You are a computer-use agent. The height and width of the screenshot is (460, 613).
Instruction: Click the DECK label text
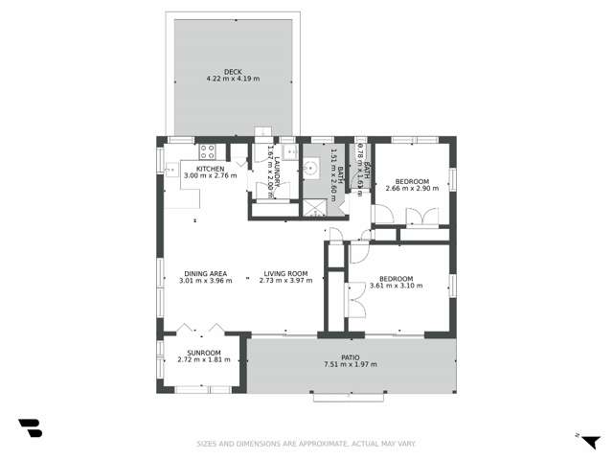tap(233, 71)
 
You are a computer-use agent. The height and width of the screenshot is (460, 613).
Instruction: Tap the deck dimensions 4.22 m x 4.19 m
tap(233, 78)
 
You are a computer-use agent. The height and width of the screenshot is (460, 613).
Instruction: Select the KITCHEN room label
tap(210, 169)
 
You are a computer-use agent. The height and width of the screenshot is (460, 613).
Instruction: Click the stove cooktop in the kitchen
tap(208, 150)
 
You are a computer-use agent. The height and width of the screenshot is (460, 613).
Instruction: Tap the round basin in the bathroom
tap(310, 170)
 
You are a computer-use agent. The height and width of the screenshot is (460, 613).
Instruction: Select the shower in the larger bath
tap(313, 207)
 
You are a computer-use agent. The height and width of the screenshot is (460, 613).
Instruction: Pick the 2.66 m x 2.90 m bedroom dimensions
tap(412, 189)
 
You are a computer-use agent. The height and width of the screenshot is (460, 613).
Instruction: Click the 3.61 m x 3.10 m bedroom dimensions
tap(400, 286)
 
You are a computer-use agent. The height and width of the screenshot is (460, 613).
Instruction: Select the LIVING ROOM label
tap(285, 274)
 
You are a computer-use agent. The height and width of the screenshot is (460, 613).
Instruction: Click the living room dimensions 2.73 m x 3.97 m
tap(285, 281)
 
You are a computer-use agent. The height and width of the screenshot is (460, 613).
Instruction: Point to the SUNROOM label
tap(204, 353)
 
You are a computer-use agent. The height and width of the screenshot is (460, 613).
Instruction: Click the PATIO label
tap(351, 357)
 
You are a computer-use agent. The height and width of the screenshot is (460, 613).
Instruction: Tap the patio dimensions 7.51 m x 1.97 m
tap(351, 364)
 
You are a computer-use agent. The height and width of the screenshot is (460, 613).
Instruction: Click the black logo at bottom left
tap(30, 428)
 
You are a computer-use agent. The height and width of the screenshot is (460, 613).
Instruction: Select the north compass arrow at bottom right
tap(589, 440)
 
